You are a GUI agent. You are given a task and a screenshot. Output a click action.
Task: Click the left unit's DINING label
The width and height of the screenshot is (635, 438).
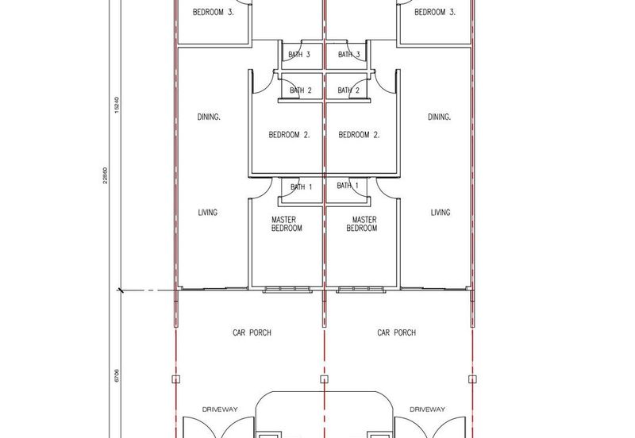[209, 117]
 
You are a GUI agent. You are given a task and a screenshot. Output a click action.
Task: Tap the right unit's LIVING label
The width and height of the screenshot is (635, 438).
[441, 212]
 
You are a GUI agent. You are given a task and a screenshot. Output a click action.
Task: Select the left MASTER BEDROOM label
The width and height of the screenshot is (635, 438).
[287, 224]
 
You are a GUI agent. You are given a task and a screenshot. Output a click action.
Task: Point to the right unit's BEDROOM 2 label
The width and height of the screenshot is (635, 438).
[360, 135]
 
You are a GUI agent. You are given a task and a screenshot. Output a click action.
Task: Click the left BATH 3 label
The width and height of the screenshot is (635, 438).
[299, 54]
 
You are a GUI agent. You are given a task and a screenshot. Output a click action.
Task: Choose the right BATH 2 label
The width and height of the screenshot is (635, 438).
[348, 90]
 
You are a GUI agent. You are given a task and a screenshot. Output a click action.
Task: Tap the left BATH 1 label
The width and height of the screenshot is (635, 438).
[302, 187]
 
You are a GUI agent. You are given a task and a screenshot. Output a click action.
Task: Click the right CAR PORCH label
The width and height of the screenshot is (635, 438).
[396, 332]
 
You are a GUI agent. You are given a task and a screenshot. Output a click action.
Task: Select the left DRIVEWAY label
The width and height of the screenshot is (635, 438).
[220, 409]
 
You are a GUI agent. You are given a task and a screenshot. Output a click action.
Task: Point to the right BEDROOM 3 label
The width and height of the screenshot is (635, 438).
[435, 12]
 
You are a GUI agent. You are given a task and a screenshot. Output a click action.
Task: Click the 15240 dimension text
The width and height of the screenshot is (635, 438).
[117, 105]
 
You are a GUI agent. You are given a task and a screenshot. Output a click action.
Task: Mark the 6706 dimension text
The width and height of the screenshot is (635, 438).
[117, 375]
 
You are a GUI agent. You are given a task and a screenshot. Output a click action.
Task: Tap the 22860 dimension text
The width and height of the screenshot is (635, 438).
[106, 175]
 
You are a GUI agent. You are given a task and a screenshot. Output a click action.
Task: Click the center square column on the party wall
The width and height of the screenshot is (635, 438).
[324, 379]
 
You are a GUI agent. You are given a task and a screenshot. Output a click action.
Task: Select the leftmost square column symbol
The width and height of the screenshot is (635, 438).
[175, 379]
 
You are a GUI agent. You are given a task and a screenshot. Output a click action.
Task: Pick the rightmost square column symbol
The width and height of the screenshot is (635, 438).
[472, 379]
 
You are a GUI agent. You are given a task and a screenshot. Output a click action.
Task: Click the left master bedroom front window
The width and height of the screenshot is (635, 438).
[287, 290]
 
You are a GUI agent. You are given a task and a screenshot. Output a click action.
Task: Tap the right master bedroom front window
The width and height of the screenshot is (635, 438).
[361, 290]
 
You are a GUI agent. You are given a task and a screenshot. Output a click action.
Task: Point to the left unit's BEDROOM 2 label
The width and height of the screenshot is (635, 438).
[289, 135]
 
